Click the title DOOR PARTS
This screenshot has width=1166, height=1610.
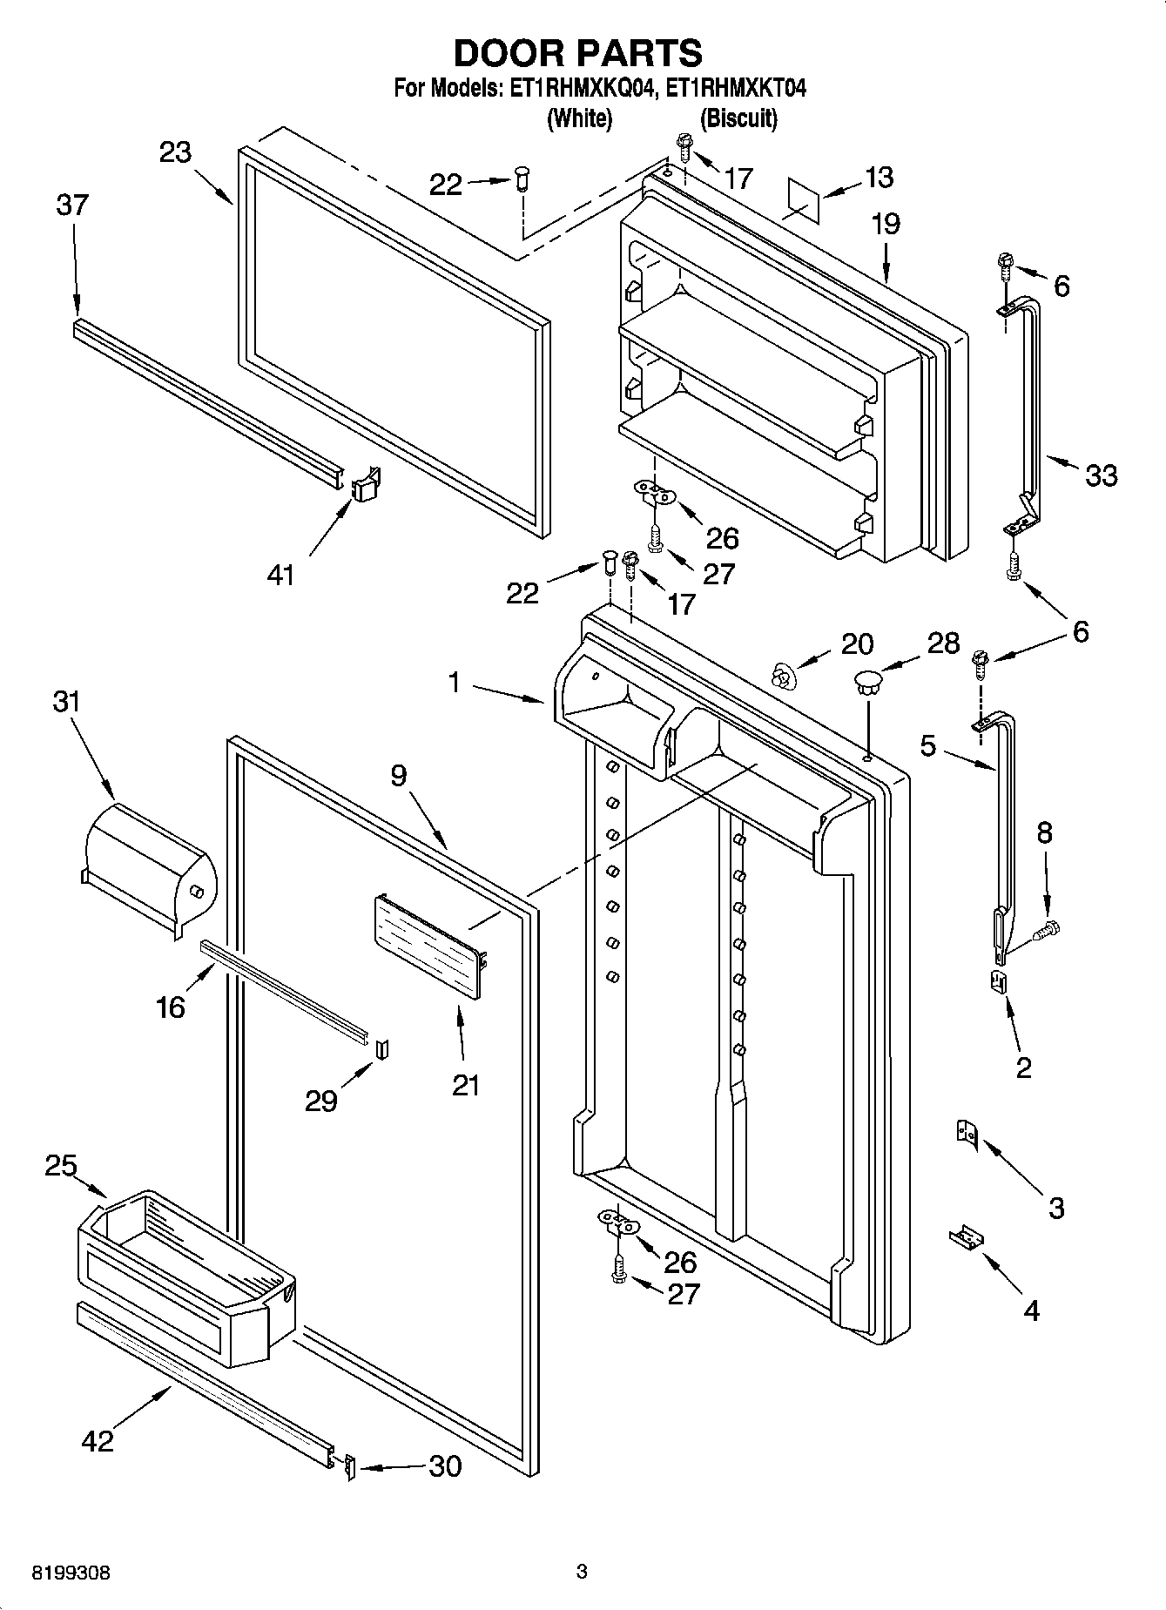coord(577,53)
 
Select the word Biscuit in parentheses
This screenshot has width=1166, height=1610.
coord(738,118)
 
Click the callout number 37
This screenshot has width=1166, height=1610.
coord(72,205)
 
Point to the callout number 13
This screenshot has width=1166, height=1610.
coord(880,177)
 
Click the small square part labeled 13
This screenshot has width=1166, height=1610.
coord(805,199)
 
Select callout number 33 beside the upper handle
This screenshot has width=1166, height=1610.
coord(1101,475)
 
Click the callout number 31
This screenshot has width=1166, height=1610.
coord(66,701)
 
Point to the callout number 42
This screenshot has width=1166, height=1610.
coord(97,1440)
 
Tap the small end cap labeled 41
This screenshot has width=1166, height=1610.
coord(367,485)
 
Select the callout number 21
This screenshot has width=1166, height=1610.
coord(466,1085)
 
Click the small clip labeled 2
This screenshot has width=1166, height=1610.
coord(1000,981)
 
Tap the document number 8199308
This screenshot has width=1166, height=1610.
coord(71,1573)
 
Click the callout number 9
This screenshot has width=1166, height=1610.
coord(399,775)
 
